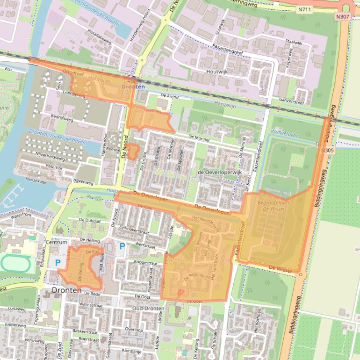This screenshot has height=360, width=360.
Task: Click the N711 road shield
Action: coord(304,8)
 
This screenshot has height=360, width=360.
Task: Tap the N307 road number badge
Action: coord(342,16)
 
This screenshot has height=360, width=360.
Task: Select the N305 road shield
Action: coord(328,151)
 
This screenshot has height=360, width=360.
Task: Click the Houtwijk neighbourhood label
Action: coord(217,72)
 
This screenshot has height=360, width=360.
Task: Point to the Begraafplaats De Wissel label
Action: coord(274,206)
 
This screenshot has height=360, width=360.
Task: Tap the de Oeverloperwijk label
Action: coord(219,172)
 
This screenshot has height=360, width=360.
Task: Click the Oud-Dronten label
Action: coord(148,309)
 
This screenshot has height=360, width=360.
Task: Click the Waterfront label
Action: coord(21,216)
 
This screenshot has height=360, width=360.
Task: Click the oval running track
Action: coord(15,264)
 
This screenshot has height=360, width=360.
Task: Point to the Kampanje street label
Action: coord(131,350)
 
